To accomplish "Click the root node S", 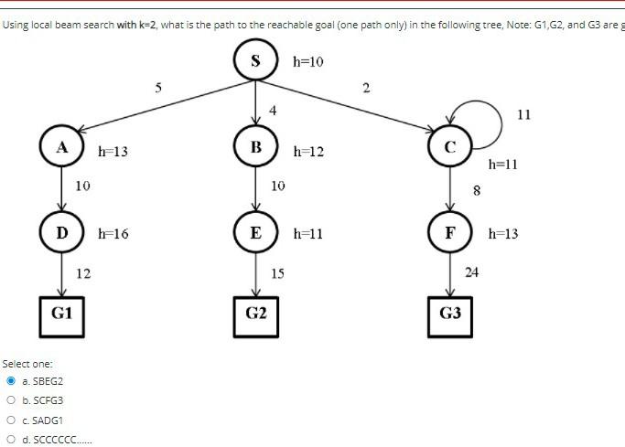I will [256, 62].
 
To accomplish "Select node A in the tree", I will [62, 147].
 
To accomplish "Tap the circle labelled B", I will [256, 147].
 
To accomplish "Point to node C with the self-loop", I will [448, 147].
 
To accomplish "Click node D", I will [62, 232].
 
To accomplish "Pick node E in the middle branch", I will [256, 232].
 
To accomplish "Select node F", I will [448, 232].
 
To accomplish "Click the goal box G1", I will [62, 314].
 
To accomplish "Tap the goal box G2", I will [256, 314].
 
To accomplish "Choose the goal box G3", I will [449, 314].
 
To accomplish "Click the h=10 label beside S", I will [308, 62].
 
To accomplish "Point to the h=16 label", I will [113, 234].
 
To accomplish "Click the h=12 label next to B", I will [309, 150].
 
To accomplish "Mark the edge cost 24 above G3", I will [472, 271].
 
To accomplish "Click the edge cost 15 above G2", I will [278, 272].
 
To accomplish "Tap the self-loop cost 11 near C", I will [523, 114].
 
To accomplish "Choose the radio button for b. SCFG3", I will [11, 400].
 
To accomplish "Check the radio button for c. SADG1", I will [11, 420].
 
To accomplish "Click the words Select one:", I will [27, 364].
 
